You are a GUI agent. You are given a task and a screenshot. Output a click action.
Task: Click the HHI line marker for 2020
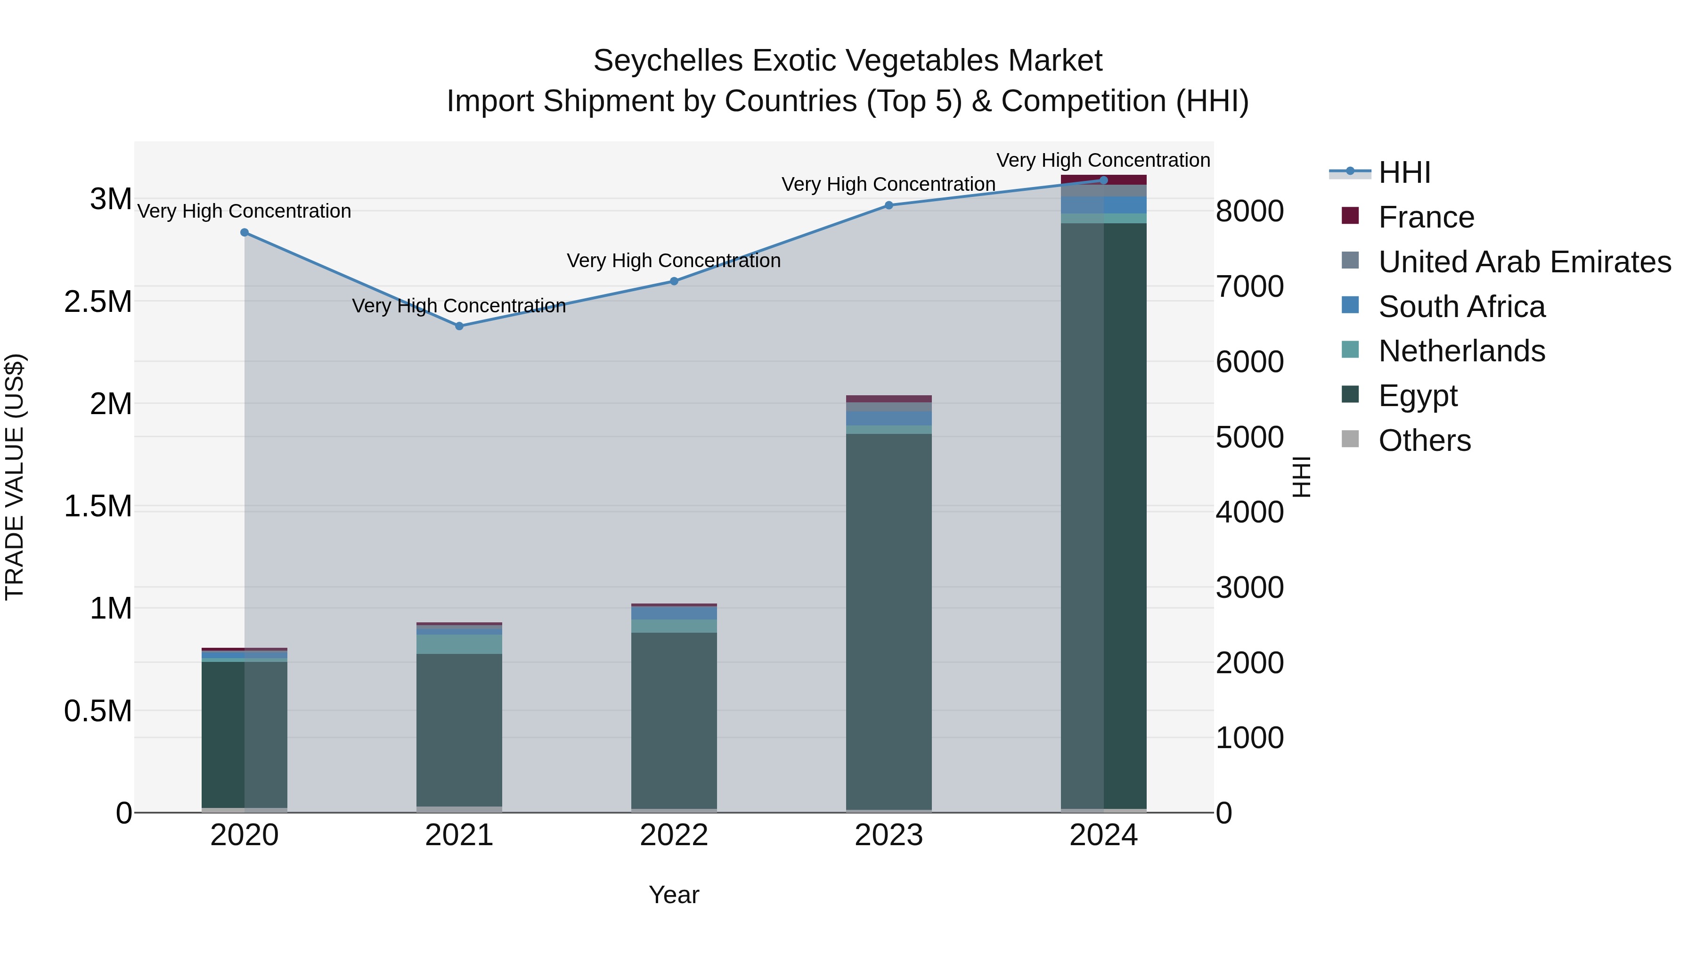(x=244, y=232)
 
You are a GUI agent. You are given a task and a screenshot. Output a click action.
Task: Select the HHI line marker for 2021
(x=459, y=326)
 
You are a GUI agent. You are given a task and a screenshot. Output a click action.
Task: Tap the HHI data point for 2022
(x=674, y=281)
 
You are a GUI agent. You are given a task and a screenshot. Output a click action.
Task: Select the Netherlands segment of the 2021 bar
(x=459, y=644)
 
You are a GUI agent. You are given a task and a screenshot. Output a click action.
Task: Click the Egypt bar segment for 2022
(x=674, y=718)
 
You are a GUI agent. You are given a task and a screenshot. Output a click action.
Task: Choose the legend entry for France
(x=1426, y=217)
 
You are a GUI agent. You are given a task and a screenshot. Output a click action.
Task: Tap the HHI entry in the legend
(x=1404, y=172)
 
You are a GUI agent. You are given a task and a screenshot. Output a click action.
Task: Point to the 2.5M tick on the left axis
(x=98, y=302)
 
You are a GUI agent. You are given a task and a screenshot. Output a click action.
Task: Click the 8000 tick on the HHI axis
(x=1249, y=212)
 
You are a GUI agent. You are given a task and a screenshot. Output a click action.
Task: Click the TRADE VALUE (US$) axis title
(x=15, y=477)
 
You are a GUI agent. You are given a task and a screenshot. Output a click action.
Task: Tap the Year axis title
(x=674, y=895)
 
